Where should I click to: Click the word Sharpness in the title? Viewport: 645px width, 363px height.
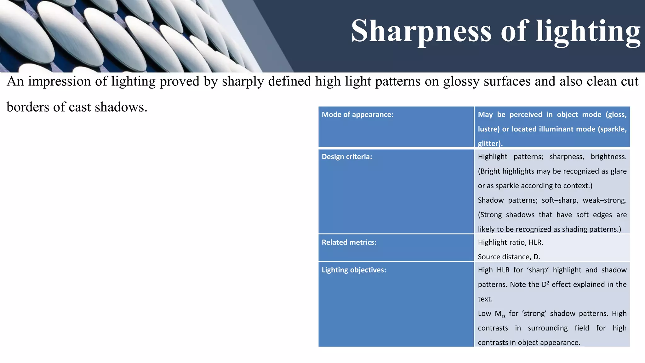coord(421,31)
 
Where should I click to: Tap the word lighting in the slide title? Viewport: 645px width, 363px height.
coord(588,31)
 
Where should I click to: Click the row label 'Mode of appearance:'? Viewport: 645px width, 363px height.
coord(357,115)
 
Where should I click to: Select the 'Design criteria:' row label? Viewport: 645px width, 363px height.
coord(347,157)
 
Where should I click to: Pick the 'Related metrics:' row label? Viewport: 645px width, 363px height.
coord(349,242)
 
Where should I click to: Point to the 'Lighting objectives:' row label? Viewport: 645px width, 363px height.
coord(354,270)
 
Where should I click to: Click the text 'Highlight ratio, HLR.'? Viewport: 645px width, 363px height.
coord(511,242)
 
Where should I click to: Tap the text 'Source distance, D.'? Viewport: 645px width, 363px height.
coord(509,257)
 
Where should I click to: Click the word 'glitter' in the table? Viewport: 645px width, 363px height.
coord(489,144)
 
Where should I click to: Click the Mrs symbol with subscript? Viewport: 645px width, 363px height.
coord(499,314)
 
